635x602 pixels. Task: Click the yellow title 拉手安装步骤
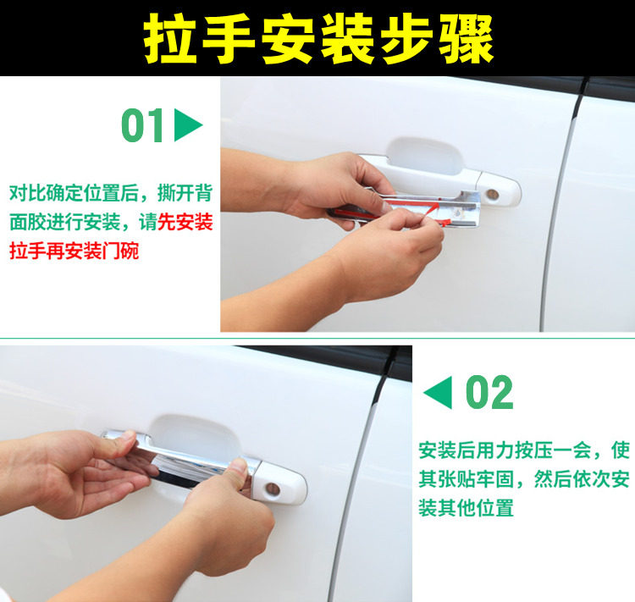[318, 38]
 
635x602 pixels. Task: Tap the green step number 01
[142, 125]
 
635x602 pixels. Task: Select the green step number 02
[489, 392]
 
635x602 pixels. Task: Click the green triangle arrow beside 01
[188, 124]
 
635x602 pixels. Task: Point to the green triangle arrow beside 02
[438, 392]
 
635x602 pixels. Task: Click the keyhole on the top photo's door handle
[493, 195]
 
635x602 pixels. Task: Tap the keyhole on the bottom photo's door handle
[273, 489]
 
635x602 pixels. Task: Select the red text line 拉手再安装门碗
[75, 251]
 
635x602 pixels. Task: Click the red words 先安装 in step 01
[185, 222]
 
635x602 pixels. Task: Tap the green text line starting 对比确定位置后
[111, 192]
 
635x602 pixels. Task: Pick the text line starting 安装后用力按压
[524, 450]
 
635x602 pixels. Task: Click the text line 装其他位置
[467, 508]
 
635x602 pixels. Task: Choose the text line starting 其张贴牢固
[524, 479]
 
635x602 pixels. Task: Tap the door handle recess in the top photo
[423, 156]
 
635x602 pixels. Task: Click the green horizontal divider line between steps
[317, 338]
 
